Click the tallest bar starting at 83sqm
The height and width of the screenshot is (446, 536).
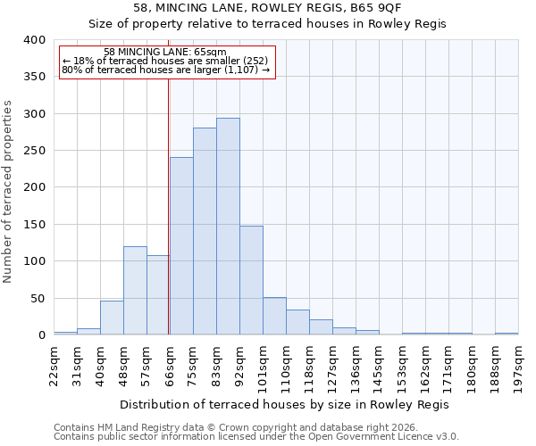(x=228, y=227)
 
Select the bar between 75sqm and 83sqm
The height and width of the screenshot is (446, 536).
(x=205, y=231)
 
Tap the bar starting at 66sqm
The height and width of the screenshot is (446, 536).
(x=181, y=246)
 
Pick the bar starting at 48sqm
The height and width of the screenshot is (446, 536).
(x=135, y=291)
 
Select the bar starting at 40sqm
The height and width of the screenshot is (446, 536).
(x=112, y=318)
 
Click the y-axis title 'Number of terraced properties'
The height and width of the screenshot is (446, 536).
(x=8, y=192)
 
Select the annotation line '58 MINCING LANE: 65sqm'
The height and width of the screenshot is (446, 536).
(x=165, y=53)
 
